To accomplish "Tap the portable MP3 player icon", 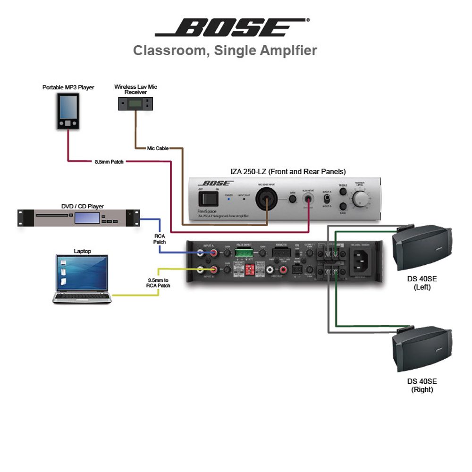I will (68, 110).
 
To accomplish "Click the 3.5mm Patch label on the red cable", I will (109, 162).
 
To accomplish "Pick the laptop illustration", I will (82, 278).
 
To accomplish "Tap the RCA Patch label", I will (160, 238).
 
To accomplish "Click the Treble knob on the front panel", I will (342, 193).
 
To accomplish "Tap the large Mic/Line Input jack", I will (266, 199).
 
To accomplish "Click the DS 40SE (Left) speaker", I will (421, 248).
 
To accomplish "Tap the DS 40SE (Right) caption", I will (422, 385).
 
